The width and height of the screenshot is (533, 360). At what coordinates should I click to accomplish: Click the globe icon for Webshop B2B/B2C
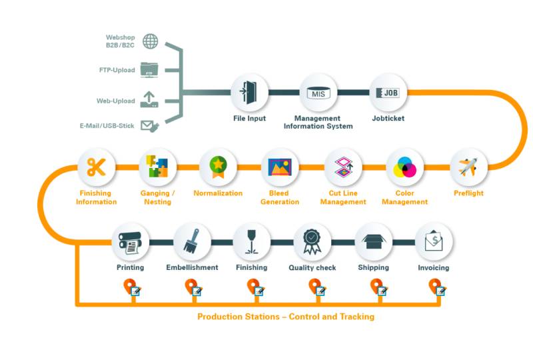151,41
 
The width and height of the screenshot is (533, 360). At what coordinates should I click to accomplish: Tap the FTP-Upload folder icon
150,69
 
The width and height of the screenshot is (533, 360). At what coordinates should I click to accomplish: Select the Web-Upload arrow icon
150,99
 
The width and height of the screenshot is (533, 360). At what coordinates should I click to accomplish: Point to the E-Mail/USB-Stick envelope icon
150,125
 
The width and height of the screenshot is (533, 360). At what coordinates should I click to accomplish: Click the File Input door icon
250,92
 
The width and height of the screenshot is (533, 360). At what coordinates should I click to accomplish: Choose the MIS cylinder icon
318,92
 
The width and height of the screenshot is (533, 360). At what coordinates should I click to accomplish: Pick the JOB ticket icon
388,92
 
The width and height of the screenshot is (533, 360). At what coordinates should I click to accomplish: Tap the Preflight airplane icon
468,167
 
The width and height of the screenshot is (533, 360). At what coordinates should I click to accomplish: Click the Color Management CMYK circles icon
405,167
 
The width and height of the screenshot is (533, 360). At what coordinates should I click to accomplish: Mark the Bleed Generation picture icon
279,167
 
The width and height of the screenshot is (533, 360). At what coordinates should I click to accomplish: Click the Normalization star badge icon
218,167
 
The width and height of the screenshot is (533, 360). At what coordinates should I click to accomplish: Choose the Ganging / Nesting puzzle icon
157,167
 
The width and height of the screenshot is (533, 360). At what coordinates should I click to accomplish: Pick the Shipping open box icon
373,241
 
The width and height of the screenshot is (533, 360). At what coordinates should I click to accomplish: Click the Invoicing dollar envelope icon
434,241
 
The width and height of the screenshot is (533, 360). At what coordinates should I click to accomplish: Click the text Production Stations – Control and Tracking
286,317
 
